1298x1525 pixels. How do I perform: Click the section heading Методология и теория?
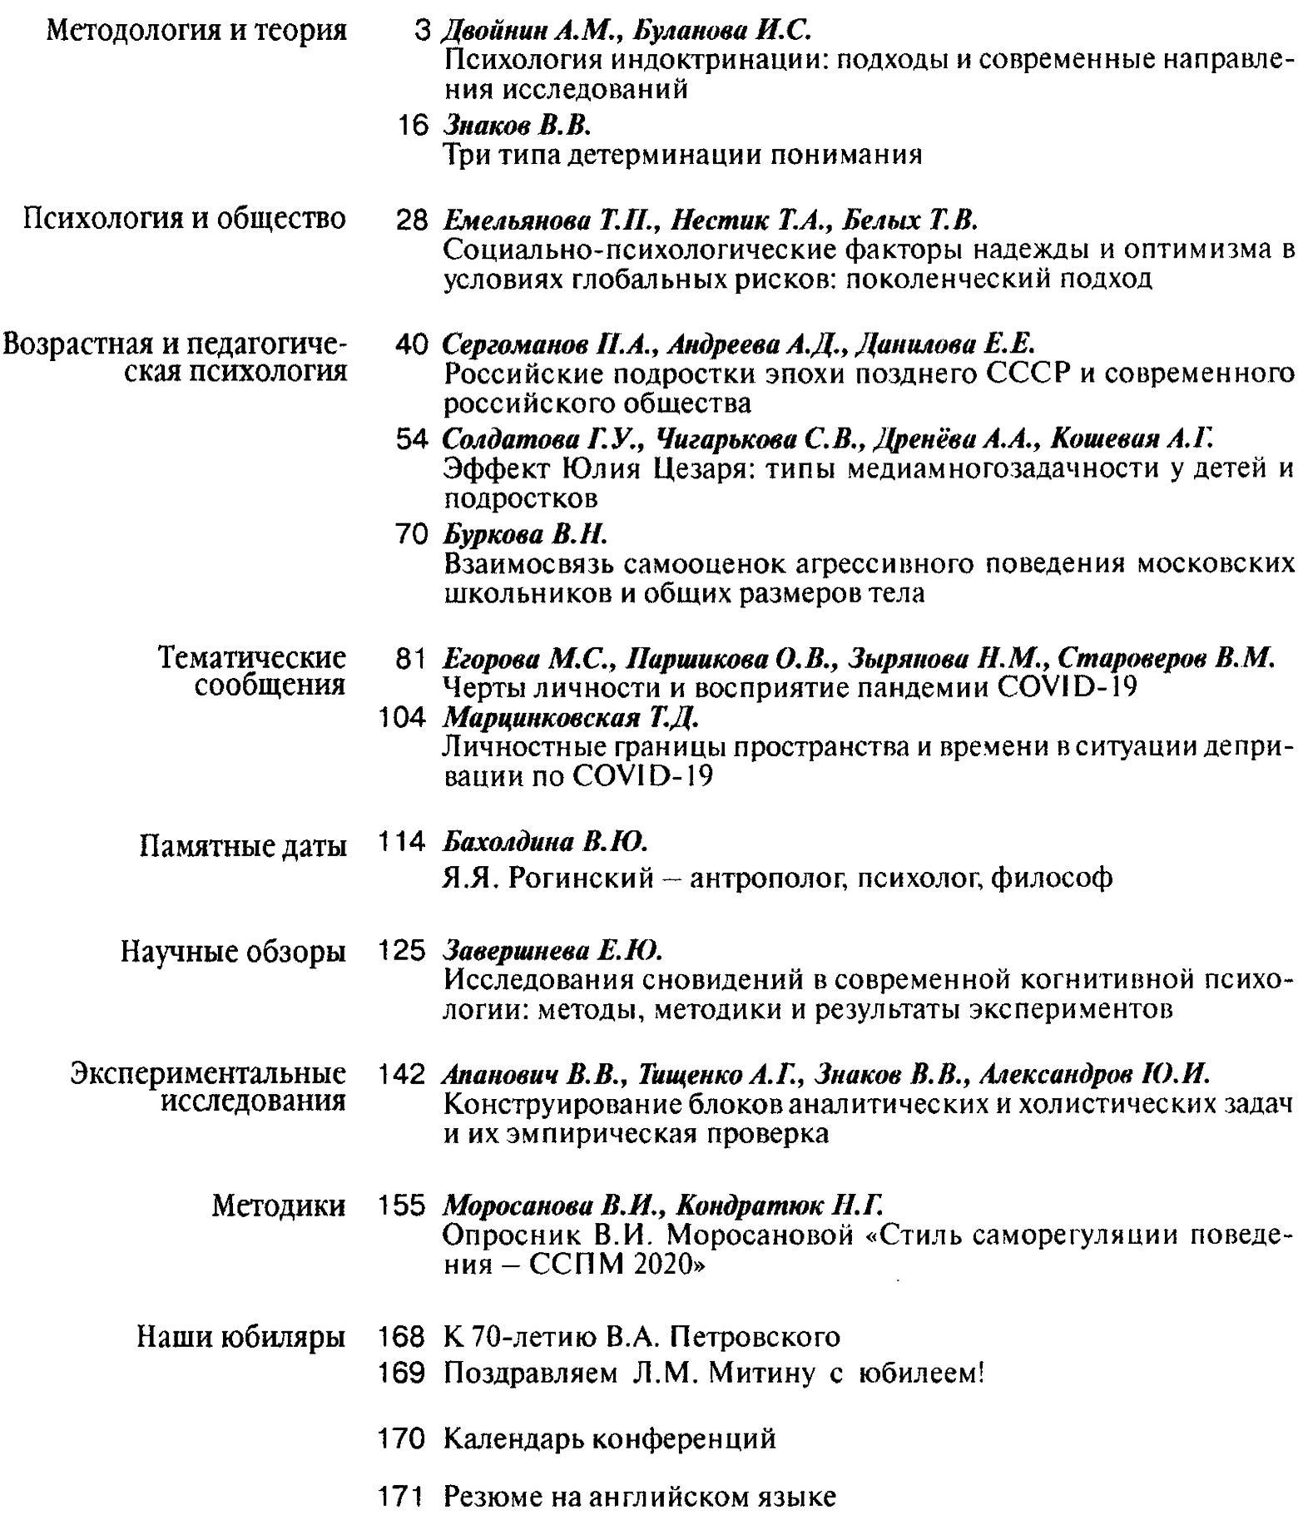pos(196,31)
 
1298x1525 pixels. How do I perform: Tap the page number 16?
pos(412,126)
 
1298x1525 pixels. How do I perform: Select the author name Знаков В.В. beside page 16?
pos(517,126)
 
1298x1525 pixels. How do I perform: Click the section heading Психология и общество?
pos(184,219)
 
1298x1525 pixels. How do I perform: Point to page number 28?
pos(412,220)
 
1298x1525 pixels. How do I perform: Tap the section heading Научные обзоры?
pos(233,951)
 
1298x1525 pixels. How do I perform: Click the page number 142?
pos(403,1074)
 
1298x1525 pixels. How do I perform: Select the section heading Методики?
pos(279,1206)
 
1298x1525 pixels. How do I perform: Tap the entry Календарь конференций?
pos(610,1438)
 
